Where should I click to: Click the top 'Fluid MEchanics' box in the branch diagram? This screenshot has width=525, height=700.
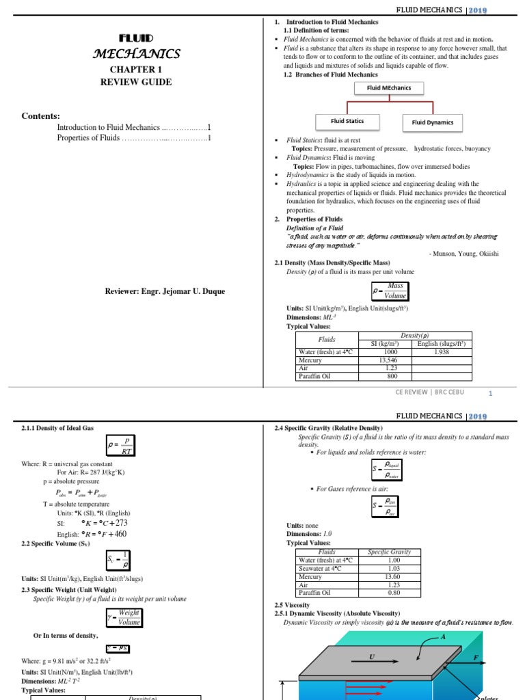(388, 88)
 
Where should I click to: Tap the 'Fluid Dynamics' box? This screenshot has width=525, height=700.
(432, 122)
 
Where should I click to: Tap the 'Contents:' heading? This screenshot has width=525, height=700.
(40, 116)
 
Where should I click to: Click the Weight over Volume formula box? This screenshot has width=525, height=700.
(124, 617)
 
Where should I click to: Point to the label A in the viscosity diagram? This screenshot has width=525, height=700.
(443, 636)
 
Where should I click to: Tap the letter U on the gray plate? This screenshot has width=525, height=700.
(372, 656)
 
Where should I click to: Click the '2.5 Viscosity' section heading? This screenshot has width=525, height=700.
(292, 605)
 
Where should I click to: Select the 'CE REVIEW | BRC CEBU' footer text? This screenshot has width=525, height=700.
(430, 392)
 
